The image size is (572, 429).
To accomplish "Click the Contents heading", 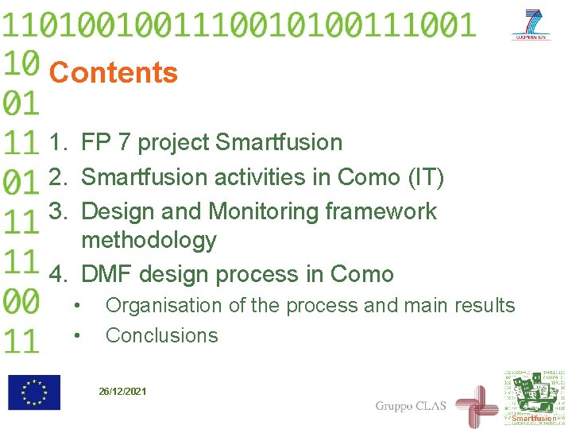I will pyautogui.click(x=113, y=73).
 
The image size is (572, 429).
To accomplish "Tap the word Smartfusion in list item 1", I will pyautogui.click(x=279, y=143).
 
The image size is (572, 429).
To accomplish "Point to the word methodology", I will pyautogui.click(x=149, y=240).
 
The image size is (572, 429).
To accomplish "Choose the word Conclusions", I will pyautogui.click(x=161, y=336).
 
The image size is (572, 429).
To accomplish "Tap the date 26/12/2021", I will pyautogui.click(x=122, y=392).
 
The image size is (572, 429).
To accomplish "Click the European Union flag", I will pyautogui.click(x=34, y=392).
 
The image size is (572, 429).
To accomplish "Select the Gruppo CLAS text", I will pyautogui.click(x=411, y=406).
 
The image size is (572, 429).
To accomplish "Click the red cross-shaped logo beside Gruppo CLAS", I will pyautogui.click(x=476, y=405).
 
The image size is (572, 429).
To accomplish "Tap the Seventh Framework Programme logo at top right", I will pyautogui.click(x=532, y=25).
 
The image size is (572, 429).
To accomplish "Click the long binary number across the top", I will pyautogui.click(x=238, y=25).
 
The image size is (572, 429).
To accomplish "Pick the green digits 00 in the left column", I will pyautogui.click(x=21, y=301).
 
